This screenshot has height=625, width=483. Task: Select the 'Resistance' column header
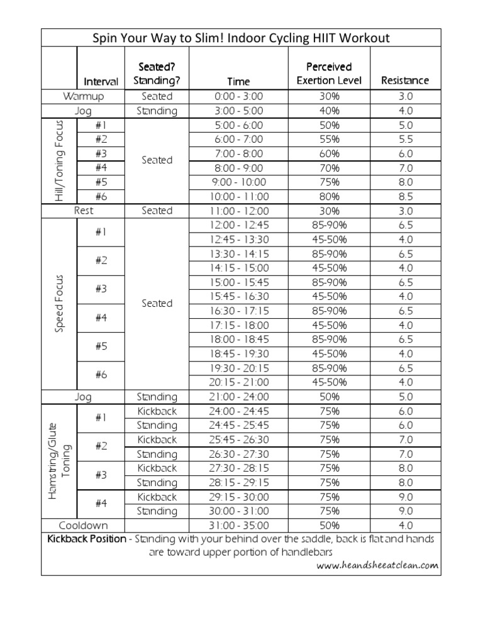405,80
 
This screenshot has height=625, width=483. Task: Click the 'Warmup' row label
83,96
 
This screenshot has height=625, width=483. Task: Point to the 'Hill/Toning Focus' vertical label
60,160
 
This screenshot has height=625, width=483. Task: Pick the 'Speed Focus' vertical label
60,304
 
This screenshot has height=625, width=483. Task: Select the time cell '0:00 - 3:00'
238,96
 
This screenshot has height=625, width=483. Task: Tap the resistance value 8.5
406,197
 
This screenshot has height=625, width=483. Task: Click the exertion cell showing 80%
329,197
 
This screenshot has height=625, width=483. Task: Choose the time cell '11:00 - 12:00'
238,211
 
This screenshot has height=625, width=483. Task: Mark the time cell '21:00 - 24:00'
238,397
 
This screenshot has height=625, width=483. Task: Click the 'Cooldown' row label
83,525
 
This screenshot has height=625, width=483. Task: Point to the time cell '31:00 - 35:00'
238,525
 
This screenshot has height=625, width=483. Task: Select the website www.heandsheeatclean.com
377,565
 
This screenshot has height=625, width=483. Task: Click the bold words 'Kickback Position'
86,539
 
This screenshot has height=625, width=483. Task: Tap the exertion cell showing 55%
329,139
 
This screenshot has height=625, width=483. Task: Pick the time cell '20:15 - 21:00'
238,382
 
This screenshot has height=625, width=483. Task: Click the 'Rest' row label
83,211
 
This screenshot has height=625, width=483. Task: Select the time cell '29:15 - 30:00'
238,497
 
